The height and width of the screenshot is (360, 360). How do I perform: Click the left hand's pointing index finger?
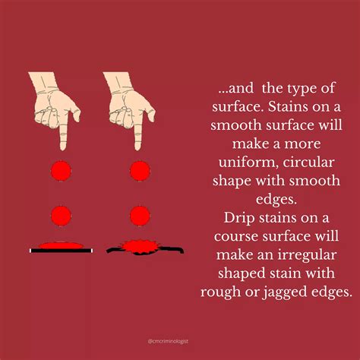coord(64,133)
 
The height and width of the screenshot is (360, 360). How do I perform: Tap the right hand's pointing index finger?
coord(138,133)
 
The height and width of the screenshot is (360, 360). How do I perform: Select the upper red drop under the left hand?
coord(60,170)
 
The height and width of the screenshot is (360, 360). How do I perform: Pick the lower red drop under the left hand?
coord(60,214)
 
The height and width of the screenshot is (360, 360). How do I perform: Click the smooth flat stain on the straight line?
coord(60,245)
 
